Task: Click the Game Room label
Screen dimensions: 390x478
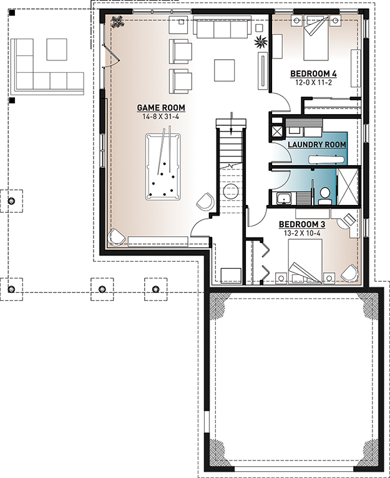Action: point(161,108)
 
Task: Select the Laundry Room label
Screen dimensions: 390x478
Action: point(317,144)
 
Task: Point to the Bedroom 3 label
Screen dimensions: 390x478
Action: point(302,224)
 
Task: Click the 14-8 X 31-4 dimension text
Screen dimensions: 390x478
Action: point(160,117)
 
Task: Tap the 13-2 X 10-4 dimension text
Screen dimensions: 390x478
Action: point(302,233)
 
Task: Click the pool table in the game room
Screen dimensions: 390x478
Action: point(163,167)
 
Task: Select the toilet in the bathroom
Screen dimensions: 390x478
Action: point(324,196)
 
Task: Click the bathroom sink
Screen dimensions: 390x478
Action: point(285,199)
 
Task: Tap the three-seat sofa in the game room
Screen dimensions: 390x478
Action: point(222,27)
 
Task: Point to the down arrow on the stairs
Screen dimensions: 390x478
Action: point(231,123)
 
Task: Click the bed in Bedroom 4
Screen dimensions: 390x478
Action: point(316,39)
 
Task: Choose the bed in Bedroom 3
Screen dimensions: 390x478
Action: point(305,261)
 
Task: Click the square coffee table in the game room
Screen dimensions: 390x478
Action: point(224,70)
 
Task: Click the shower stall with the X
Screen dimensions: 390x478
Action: point(348,186)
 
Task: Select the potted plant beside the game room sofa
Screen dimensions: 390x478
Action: point(261,41)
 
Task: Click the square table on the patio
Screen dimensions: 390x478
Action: point(57,49)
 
